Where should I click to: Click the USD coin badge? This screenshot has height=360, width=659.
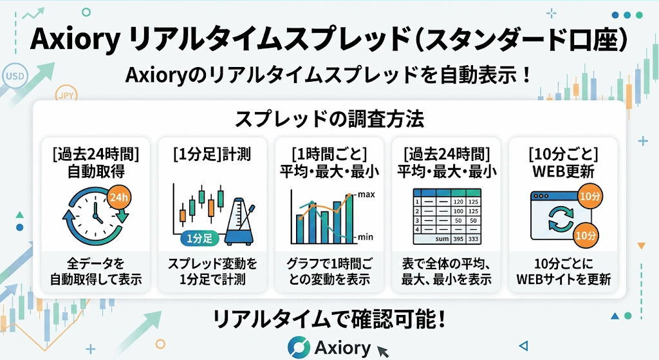click(x=15, y=77)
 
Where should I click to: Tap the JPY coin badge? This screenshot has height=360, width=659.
click(x=66, y=96)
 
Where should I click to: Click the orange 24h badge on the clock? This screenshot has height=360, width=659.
click(x=119, y=197)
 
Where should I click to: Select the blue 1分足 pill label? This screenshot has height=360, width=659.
click(x=200, y=238)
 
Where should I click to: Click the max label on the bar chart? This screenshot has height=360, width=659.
click(x=366, y=194)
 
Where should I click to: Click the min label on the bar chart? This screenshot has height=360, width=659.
click(x=366, y=237)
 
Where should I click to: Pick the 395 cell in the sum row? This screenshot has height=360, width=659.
click(x=458, y=239)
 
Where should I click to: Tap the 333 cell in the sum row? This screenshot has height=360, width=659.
click(x=473, y=239)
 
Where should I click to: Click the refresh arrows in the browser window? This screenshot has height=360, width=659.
click(x=561, y=219)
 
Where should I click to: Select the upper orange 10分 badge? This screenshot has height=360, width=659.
click(x=590, y=196)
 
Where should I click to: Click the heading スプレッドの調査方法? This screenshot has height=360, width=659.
click(x=329, y=118)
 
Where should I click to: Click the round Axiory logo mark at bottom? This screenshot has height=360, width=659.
click(x=299, y=347)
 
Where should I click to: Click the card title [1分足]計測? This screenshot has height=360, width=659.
click(x=212, y=155)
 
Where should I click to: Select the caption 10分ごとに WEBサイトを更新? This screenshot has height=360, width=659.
click(x=563, y=271)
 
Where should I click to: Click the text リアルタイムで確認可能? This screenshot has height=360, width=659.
click(x=329, y=319)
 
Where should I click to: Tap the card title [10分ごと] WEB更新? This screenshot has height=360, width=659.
click(x=563, y=163)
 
